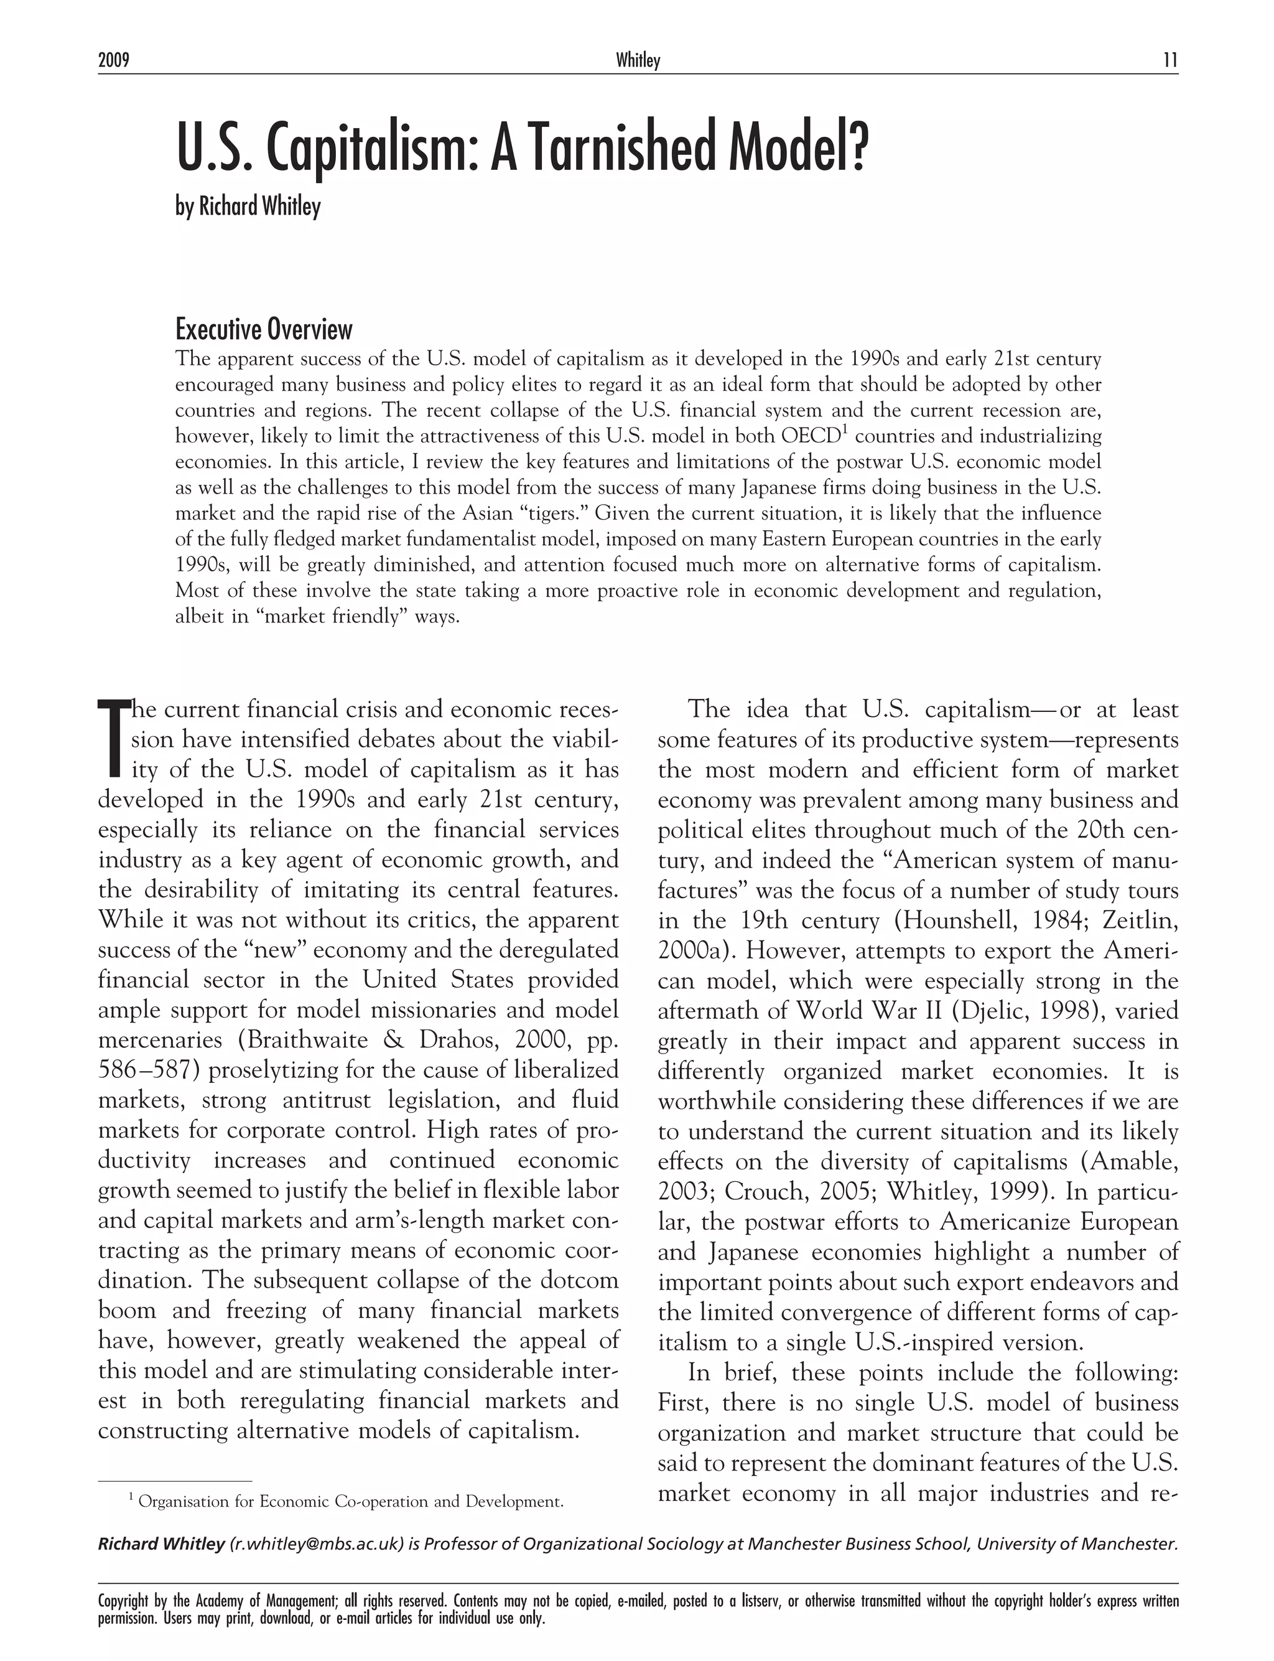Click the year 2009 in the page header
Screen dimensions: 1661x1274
tap(114, 60)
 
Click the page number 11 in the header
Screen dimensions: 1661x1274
tap(1170, 60)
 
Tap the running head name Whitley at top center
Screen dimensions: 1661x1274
tap(638, 60)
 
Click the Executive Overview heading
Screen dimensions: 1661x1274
tap(264, 329)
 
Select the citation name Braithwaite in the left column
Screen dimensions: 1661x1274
tap(325, 1040)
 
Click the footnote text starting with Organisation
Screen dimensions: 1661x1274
tap(350, 1502)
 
